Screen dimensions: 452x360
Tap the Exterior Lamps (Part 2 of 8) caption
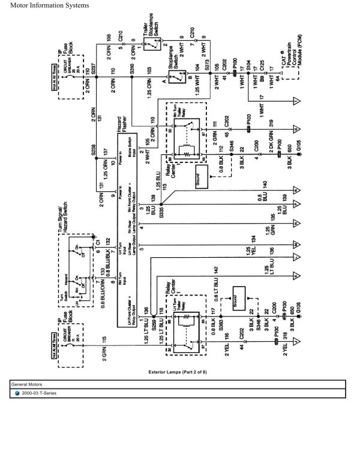[x=180, y=372]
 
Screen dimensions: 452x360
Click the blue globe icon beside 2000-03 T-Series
[x=17, y=393]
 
